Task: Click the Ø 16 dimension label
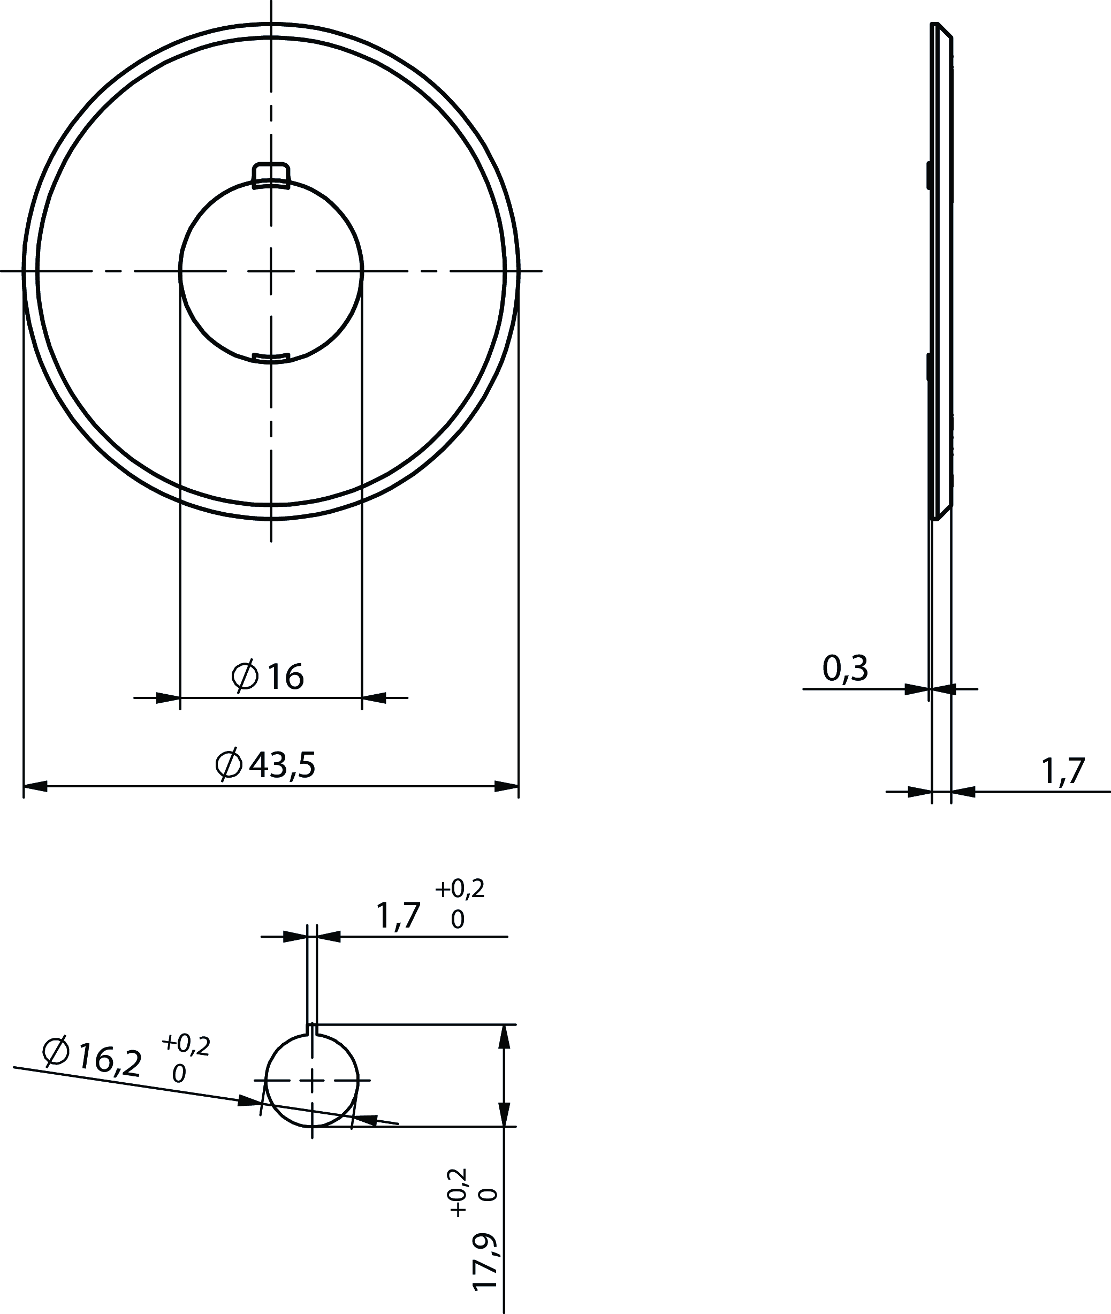coord(268,677)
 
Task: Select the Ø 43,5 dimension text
coord(265,765)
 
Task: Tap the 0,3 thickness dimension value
coord(845,669)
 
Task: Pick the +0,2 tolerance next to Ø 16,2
coord(186,1044)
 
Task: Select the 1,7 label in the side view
coord(1063,771)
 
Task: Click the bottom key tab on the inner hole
coord(271,358)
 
